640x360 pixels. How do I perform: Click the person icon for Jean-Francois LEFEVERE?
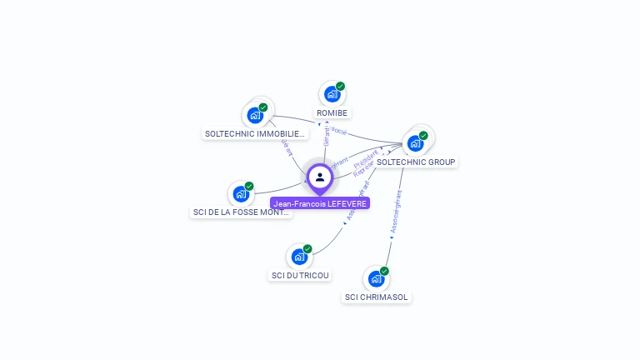(x=320, y=177)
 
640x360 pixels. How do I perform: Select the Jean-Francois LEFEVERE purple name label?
(x=320, y=203)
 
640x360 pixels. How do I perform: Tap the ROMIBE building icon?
(x=332, y=94)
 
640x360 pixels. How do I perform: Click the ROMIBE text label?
(x=332, y=112)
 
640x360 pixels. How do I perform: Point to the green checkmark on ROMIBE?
(x=340, y=87)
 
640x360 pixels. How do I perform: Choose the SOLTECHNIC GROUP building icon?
(x=415, y=143)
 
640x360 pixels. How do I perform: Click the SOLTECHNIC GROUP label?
(x=416, y=162)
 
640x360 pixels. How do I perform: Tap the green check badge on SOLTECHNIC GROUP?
(x=423, y=136)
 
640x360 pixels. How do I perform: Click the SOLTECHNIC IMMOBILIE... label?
(x=255, y=133)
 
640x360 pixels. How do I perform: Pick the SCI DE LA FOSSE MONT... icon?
(x=241, y=194)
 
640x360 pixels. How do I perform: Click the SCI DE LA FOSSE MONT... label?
(x=241, y=212)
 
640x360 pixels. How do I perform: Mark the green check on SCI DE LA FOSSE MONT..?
(x=249, y=187)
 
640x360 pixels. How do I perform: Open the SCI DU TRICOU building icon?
(x=299, y=257)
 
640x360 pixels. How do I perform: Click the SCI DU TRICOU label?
(x=300, y=275)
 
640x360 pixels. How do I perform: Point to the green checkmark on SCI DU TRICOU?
(x=307, y=249)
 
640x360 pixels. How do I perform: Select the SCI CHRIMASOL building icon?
(x=377, y=278)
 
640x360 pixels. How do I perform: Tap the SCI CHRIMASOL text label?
(x=377, y=297)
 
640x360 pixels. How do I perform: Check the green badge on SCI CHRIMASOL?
(x=384, y=271)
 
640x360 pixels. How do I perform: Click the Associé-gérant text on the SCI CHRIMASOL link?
(x=397, y=214)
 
